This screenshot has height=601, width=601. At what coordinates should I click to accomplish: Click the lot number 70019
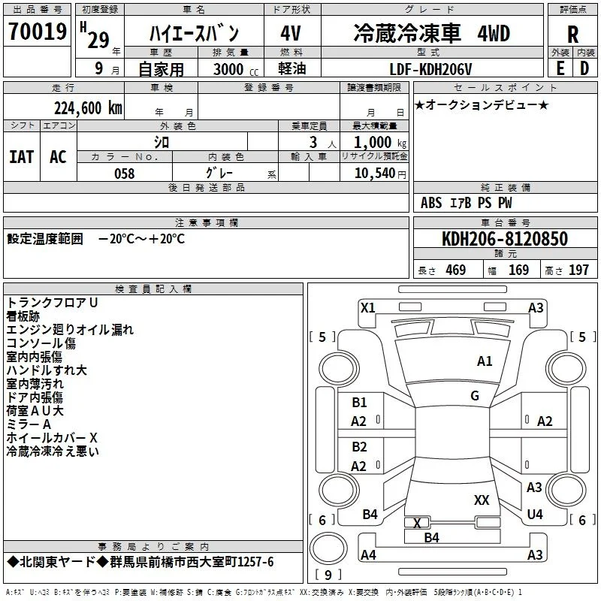click(x=38, y=31)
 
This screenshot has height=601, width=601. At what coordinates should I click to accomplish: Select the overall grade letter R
click(x=572, y=35)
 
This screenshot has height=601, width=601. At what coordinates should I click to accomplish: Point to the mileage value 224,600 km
click(x=88, y=108)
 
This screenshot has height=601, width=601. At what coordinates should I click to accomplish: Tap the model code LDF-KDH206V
click(x=430, y=69)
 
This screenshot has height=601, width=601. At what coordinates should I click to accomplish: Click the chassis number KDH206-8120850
click(x=505, y=239)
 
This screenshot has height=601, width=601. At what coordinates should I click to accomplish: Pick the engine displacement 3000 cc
click(x=236, y=69)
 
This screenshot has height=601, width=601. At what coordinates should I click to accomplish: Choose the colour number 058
click(x=125, y=174)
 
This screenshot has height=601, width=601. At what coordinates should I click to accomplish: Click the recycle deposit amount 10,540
click(x=375, y=174)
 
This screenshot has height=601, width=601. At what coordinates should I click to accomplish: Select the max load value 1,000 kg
click(x=380, y=143)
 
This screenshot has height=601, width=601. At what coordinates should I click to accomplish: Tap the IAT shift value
click(x=22, y=157)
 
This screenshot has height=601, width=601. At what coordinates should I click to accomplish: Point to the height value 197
click(x=578, y=270)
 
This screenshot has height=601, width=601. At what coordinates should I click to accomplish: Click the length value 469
click(x=456, y=270)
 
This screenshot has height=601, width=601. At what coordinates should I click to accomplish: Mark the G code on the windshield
click(x=475, y=396)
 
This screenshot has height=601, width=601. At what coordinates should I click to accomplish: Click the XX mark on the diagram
click(x=482, y=500)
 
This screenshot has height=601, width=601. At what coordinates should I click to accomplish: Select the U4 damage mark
click(x=535, y=514)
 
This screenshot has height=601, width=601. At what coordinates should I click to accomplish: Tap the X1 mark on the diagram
click(x=368, y=308)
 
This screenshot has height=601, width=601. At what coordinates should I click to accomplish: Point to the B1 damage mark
click(x=359, y=403)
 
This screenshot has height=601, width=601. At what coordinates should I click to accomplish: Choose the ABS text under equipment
click(x=431, y=203)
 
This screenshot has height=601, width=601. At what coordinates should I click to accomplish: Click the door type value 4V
click(x=291, y=33)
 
